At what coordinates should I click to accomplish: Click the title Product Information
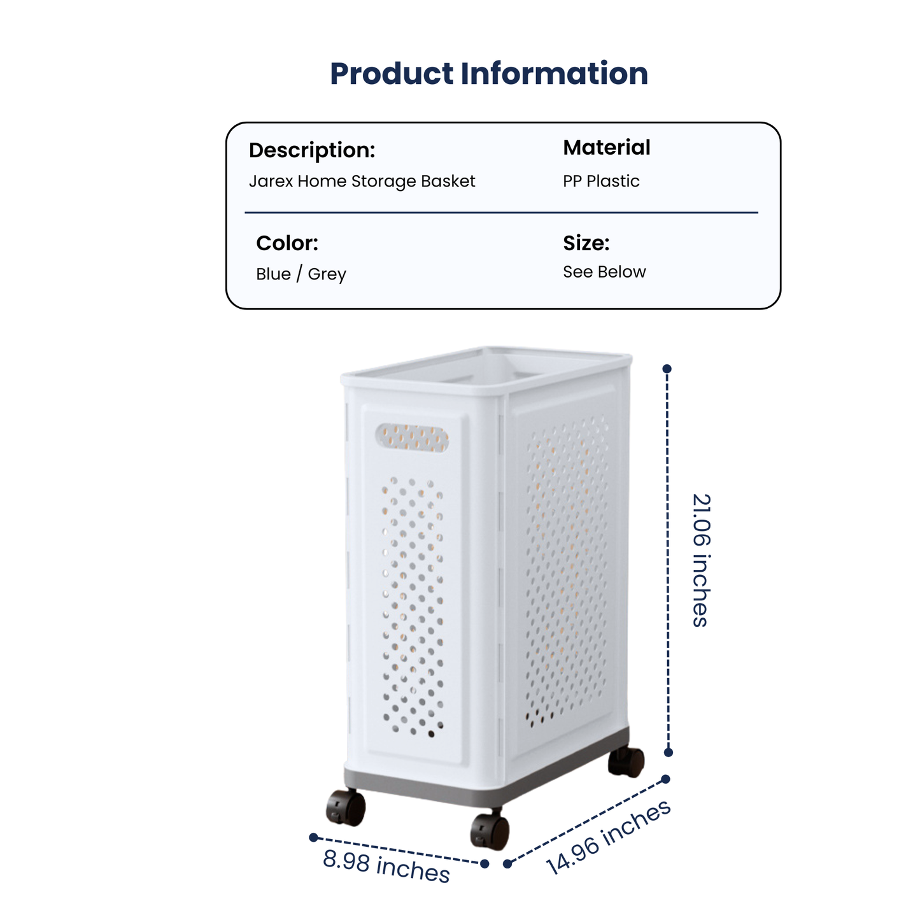488,74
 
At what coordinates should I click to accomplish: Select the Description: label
312,150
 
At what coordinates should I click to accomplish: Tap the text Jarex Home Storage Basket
362,181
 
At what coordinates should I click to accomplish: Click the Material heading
606,148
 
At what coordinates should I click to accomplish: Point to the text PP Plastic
601,181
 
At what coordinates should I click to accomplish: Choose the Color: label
287,243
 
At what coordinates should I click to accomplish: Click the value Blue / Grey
301,274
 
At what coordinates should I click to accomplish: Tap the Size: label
586,243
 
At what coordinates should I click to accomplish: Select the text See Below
604,272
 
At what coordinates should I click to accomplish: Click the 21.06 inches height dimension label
701,560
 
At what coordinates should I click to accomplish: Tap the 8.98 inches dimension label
386,866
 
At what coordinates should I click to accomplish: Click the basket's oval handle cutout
412,437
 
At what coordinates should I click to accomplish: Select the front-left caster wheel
346,807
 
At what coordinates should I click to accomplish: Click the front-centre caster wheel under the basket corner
490,832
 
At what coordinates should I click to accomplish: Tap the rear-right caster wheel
626,762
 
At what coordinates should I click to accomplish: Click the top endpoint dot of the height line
667,369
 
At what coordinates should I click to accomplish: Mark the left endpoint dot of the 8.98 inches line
313,837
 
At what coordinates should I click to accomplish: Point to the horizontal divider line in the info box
501,213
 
